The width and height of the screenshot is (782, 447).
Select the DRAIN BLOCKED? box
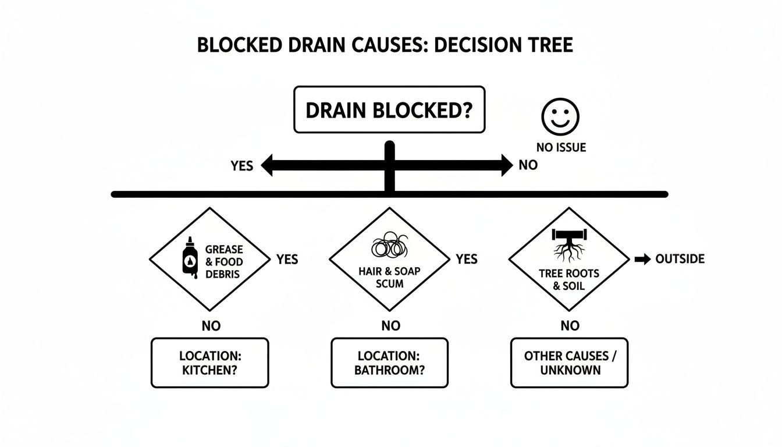coord(389,109)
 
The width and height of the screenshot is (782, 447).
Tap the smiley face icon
coord(560,117)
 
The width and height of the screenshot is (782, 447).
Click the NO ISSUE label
coord(561,147)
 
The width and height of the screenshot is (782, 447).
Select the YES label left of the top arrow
coord(241,166)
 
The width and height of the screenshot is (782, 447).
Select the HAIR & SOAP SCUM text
coord(389,278)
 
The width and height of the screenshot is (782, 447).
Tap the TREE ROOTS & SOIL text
coord(568,279)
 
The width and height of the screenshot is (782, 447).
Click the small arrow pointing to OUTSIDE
coord(642,260)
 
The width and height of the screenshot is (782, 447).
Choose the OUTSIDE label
coord(680,259)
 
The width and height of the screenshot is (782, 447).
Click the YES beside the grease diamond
coord(287,259)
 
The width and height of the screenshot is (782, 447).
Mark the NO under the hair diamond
coord(390,326)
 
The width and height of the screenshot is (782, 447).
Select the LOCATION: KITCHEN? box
coord(210,363)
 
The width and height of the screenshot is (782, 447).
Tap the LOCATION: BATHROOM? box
coord(389,363)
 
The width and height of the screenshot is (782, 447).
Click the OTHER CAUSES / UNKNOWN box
coord(569,363)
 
